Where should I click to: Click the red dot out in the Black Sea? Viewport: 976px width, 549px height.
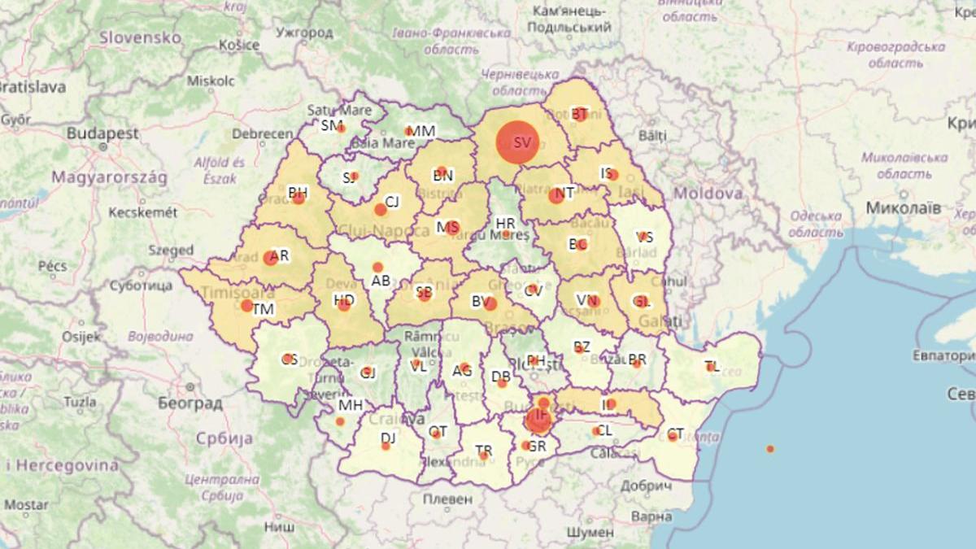(x=770, y=449)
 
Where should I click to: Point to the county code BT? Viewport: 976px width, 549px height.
(x=580, y=114)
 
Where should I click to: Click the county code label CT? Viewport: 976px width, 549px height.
(x=675, y=434)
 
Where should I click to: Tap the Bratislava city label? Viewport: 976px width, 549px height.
(x=33, y=87)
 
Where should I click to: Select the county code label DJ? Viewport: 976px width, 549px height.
(x=389, y=438)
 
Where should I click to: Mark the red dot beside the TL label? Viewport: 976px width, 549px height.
(x=710, y=367)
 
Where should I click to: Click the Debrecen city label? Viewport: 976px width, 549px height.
(x=262, y=134)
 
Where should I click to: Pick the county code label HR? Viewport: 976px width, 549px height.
(x=505, y=222)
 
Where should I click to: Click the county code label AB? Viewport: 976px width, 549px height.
(x=381, y=281)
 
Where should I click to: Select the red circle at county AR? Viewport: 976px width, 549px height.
(x=271, y=259)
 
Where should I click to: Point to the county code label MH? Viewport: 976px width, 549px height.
(x=351, y=405)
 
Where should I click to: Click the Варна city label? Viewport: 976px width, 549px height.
(x=651, y=516)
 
